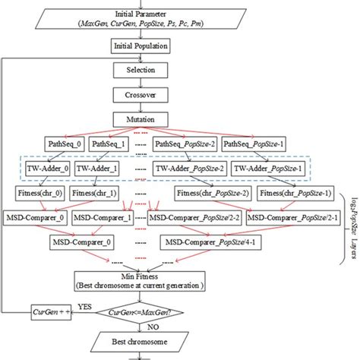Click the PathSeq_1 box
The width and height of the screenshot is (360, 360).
pos(109,143)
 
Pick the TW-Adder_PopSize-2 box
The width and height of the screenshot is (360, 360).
pos(187,169)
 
